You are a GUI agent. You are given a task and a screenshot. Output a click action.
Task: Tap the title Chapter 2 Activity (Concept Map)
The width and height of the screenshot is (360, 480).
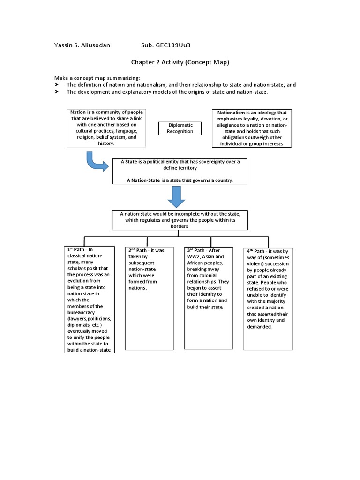[x=180, y=62]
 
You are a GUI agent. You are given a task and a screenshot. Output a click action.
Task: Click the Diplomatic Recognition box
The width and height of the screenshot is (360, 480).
[x=180, y=128]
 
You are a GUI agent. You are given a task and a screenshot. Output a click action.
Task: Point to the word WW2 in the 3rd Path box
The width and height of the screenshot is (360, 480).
[x=194, y=257]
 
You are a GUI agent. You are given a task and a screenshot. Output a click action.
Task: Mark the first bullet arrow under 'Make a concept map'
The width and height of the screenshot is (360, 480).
[x=56, y=85]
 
